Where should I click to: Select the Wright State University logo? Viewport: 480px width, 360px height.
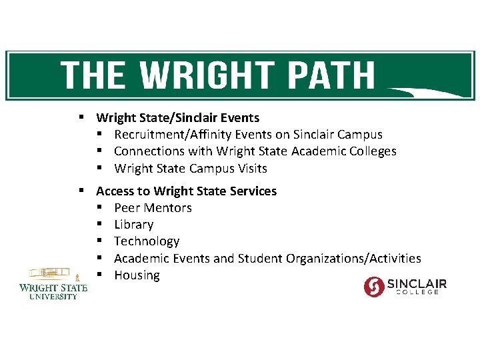pos(53,284)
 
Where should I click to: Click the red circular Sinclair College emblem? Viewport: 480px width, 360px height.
pos(375,286)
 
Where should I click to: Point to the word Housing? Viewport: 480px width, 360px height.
pos(137,275)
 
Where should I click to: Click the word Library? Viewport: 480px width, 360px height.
pos(133,225)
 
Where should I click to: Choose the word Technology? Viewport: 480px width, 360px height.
pos(147,241)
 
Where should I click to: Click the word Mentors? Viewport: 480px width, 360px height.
pos(167,208)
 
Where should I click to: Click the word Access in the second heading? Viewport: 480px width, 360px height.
pos(115,191)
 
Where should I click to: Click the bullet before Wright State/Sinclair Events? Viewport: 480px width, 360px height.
pos(80,117)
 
